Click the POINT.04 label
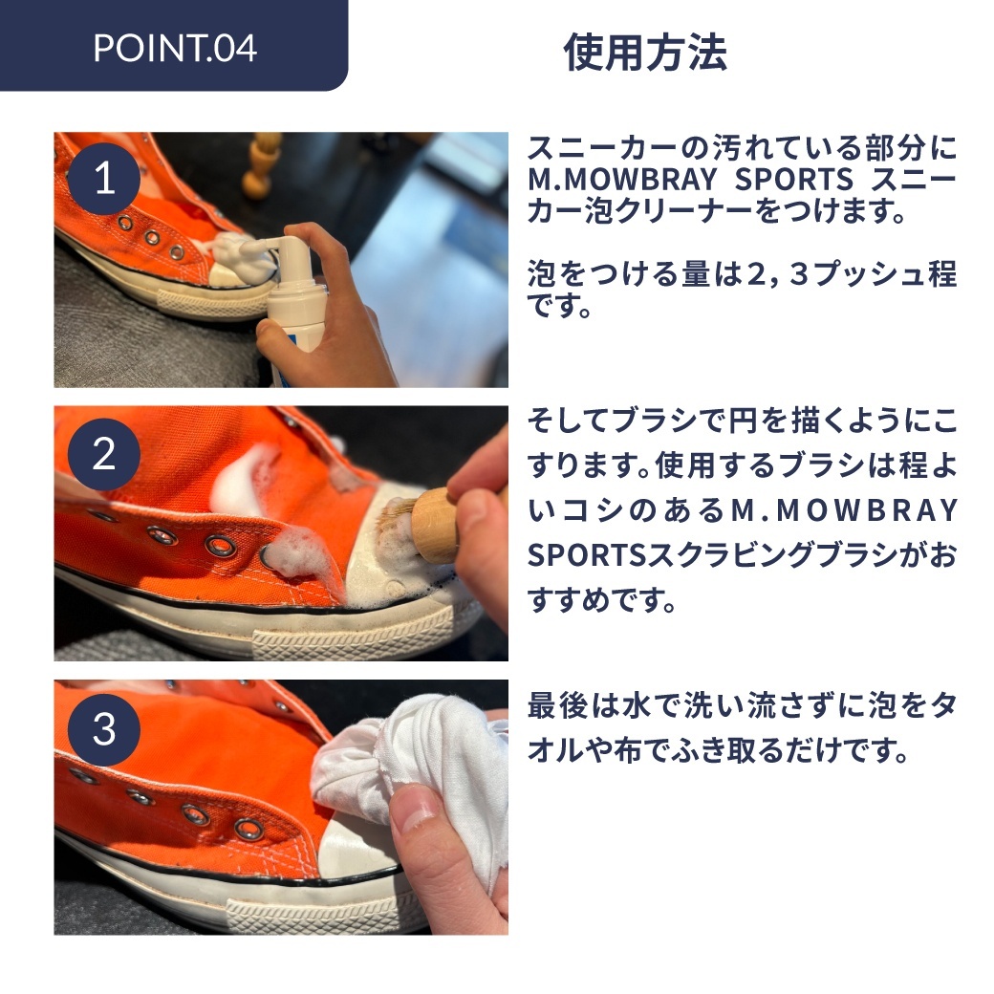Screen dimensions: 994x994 point(175,48)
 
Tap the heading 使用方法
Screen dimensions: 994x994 point(645,52)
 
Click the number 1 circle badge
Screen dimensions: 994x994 point(104,178)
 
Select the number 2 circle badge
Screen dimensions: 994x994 point(104,454)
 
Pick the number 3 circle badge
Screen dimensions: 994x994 point(104,729)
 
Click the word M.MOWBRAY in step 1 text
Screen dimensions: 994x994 point(622,180)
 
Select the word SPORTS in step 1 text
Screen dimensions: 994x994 point(793,180)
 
